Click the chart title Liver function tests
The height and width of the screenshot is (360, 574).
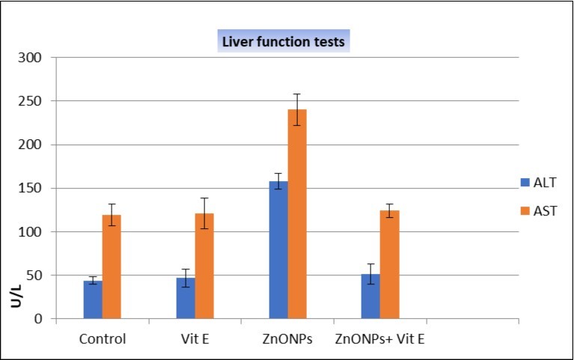[x=283, y=42]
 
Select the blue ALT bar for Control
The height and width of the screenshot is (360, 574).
[x=93, y=300]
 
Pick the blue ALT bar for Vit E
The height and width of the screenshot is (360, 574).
[x=186, y=299]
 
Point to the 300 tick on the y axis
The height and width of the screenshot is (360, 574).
[x=37, y=58]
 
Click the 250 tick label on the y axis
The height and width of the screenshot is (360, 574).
[x=37, y=101]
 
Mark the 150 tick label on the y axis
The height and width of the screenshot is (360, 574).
[x=37, y=189]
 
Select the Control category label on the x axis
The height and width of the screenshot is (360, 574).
[x=103, y=339]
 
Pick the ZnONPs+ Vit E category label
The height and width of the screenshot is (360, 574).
[x=380, y=339]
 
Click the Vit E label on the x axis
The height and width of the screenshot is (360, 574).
[x=195, y=339]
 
